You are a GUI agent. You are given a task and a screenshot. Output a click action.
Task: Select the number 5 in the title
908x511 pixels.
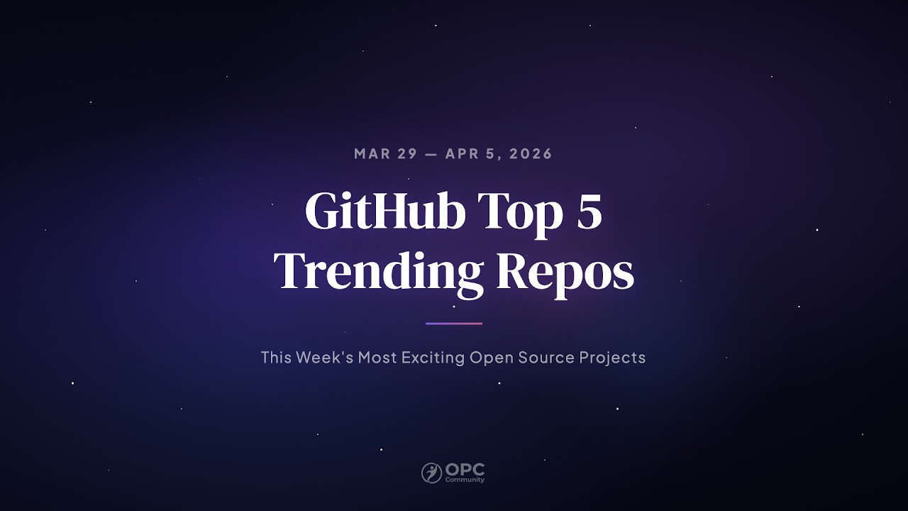pyautogui.click(x=589, y=211)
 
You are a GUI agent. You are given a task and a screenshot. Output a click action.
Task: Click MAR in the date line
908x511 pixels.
pyautogui.click(x=372, y=154)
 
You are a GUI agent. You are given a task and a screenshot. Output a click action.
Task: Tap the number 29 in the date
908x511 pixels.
pyautogui.click(x=407, y=154)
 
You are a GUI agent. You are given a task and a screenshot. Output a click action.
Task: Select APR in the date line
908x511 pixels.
pyautogui.click(x=463, y=154)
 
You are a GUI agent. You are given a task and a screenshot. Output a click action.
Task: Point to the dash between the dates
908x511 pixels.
pyautogui.click(x=431, y=154)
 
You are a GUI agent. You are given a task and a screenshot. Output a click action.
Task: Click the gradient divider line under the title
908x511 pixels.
pyautogui.click(x=454, y=324)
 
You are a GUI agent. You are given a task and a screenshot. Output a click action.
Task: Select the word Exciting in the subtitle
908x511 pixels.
pyautogui.click(x=433, y=357)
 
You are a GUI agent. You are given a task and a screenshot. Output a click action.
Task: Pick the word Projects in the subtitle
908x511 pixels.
pyautogui.click(x=612, y=357)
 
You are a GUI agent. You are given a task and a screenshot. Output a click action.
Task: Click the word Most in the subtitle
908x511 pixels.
pyautogui.click(x=377, y=357)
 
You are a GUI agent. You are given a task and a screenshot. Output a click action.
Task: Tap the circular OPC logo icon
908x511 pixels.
pyautogui.click(x=431, y=473)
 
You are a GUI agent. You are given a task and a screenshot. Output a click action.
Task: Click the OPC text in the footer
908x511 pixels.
pyautogui.click(x=465, y=470)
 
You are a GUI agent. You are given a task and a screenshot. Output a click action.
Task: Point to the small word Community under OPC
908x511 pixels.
pyautogui.click(x=465, y=480)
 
